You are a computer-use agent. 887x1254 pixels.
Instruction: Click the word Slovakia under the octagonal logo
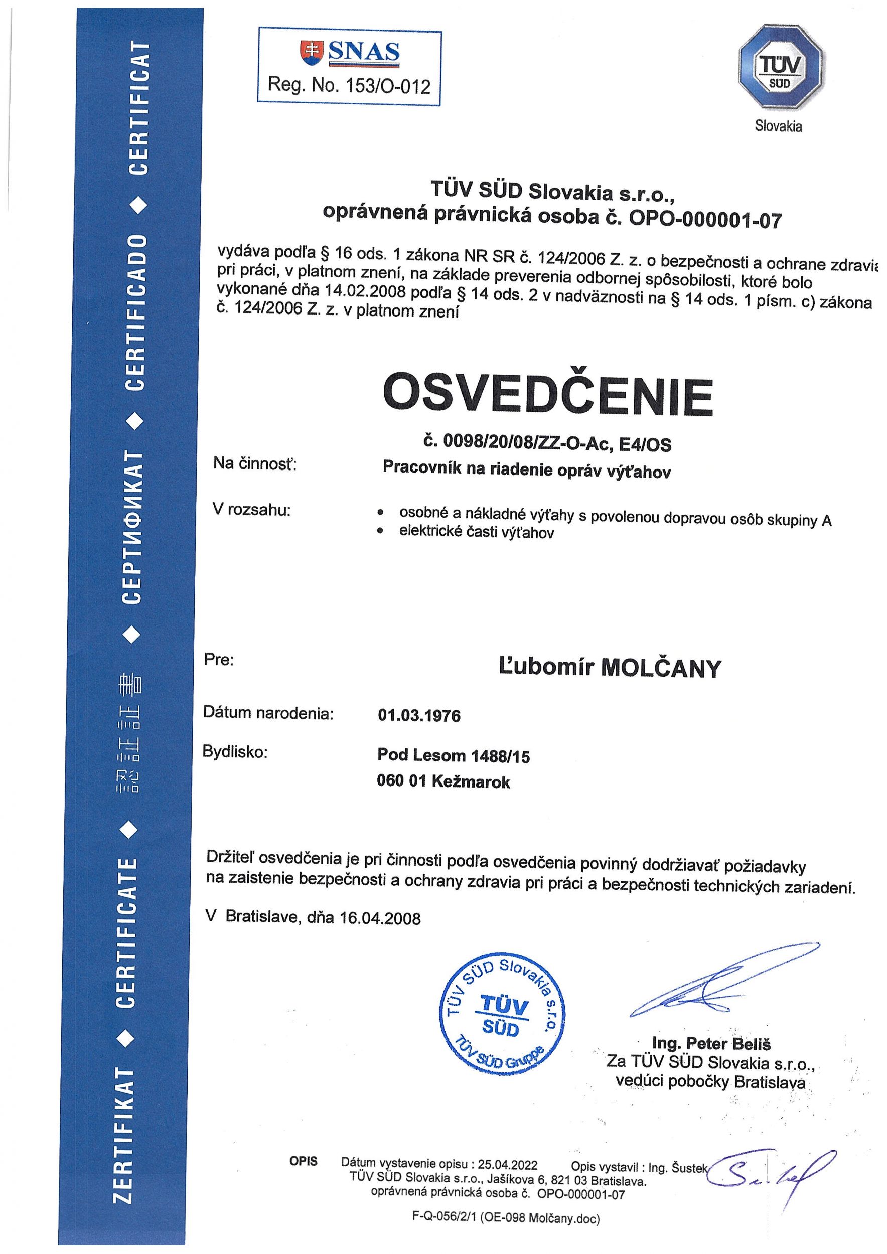pyautogui.click(x=778, y=127)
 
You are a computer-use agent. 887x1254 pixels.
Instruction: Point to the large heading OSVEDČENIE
pyautogui.click(x=547, y=394)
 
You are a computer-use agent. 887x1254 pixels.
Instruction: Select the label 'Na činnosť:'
pyautogui.click(x=254, y=463)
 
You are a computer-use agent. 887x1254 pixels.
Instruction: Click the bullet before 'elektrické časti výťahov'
pyautogui.click(x=381, y=529)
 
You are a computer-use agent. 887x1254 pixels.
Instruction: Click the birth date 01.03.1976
pyautogui.click(x=419, y=715)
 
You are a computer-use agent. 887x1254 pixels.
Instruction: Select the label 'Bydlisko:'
pyautogui.click(x=235, y=752)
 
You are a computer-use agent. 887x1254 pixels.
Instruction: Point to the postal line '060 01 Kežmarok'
pyautogui.click(x=443, y=781)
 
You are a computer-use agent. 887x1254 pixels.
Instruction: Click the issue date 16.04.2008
pyautogui.click(x=380, y=918)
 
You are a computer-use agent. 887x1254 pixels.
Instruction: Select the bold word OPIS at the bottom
pyautogui.click(x=304, y=1161)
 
